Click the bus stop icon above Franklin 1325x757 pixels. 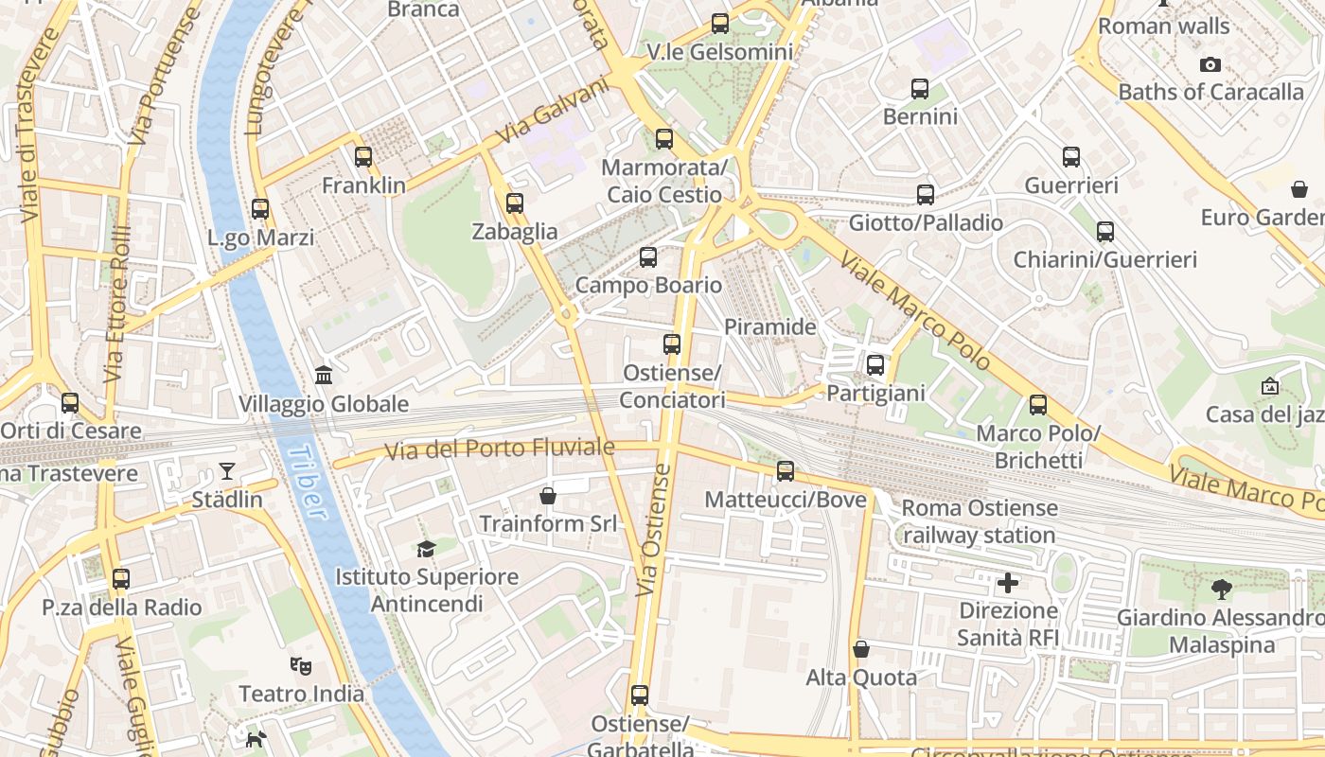click(363, 157)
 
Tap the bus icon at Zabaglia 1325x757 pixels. click(515, 203)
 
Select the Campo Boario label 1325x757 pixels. click(648, 285)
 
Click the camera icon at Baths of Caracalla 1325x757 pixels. click(1210, 65)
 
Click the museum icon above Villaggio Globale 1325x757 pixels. click(324, 376)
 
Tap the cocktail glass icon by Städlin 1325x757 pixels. click(227, 470)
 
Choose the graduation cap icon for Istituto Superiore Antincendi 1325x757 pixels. click(427, 549)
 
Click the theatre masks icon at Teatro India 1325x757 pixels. click(301, 666)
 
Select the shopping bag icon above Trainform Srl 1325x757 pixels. click(547, 496)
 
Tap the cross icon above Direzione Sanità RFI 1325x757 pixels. click(1008, 583)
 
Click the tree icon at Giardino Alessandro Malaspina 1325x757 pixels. click(1222, 590)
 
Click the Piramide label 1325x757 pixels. click(769, 327)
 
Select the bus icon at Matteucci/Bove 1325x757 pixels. click(786, 471)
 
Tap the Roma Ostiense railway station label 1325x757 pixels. click(980, 521)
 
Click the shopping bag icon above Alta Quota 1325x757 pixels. click(861, 649)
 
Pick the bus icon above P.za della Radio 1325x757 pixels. click(121, 579)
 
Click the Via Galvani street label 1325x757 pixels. click(552, 110)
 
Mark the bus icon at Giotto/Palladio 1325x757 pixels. click(926, 195)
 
